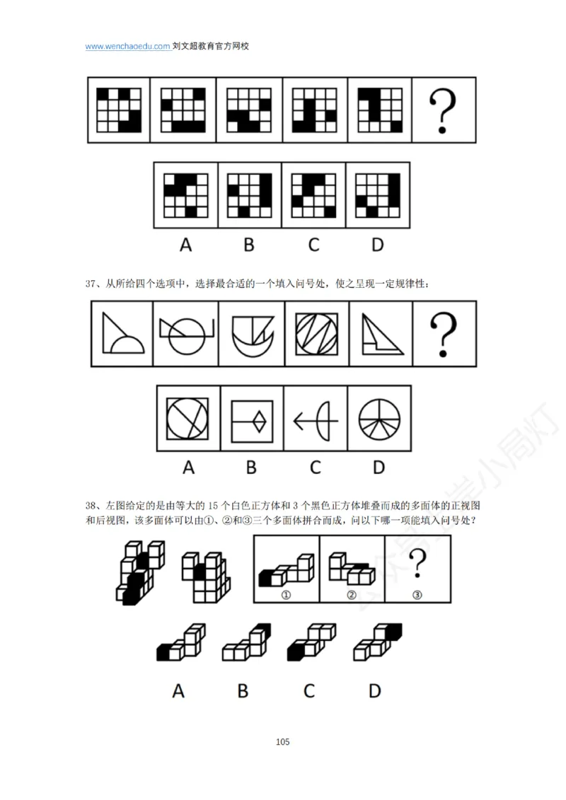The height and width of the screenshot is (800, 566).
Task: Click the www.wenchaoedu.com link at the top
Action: click(127, 47)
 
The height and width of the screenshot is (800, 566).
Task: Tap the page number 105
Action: click(283, 742)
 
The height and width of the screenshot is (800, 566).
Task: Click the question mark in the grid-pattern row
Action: click(443, 110)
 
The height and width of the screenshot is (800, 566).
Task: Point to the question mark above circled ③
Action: click(418, 566)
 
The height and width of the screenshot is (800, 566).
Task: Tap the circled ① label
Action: click(287, 596)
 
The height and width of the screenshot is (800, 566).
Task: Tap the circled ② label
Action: click(352, 596)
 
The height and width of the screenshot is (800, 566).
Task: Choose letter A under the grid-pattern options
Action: click(185, 245)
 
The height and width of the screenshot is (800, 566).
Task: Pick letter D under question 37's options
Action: click(379, 468)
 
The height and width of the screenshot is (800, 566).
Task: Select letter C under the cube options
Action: click(309, 690)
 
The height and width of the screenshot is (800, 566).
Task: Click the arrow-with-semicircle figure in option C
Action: click(315, 419)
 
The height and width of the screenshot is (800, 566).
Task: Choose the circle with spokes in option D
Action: click(379, 419)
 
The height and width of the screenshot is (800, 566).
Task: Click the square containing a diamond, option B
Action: click(252, 419)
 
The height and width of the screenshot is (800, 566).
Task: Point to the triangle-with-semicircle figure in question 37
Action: click(122, 333)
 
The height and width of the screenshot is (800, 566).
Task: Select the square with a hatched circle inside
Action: click(316, 333)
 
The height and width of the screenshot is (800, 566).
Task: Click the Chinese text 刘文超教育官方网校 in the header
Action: click(211, 47)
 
